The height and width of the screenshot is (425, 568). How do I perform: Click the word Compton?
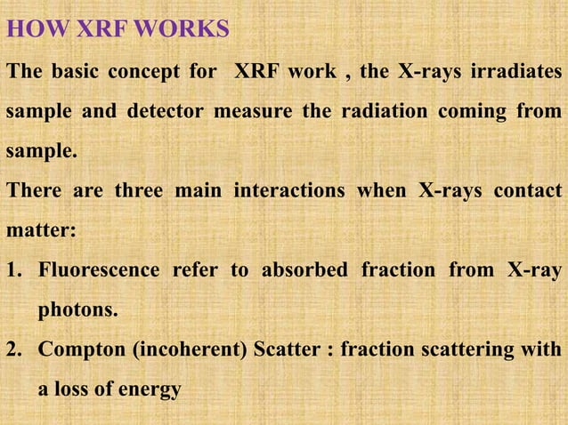pyautogui.click(x=81, y=350)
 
